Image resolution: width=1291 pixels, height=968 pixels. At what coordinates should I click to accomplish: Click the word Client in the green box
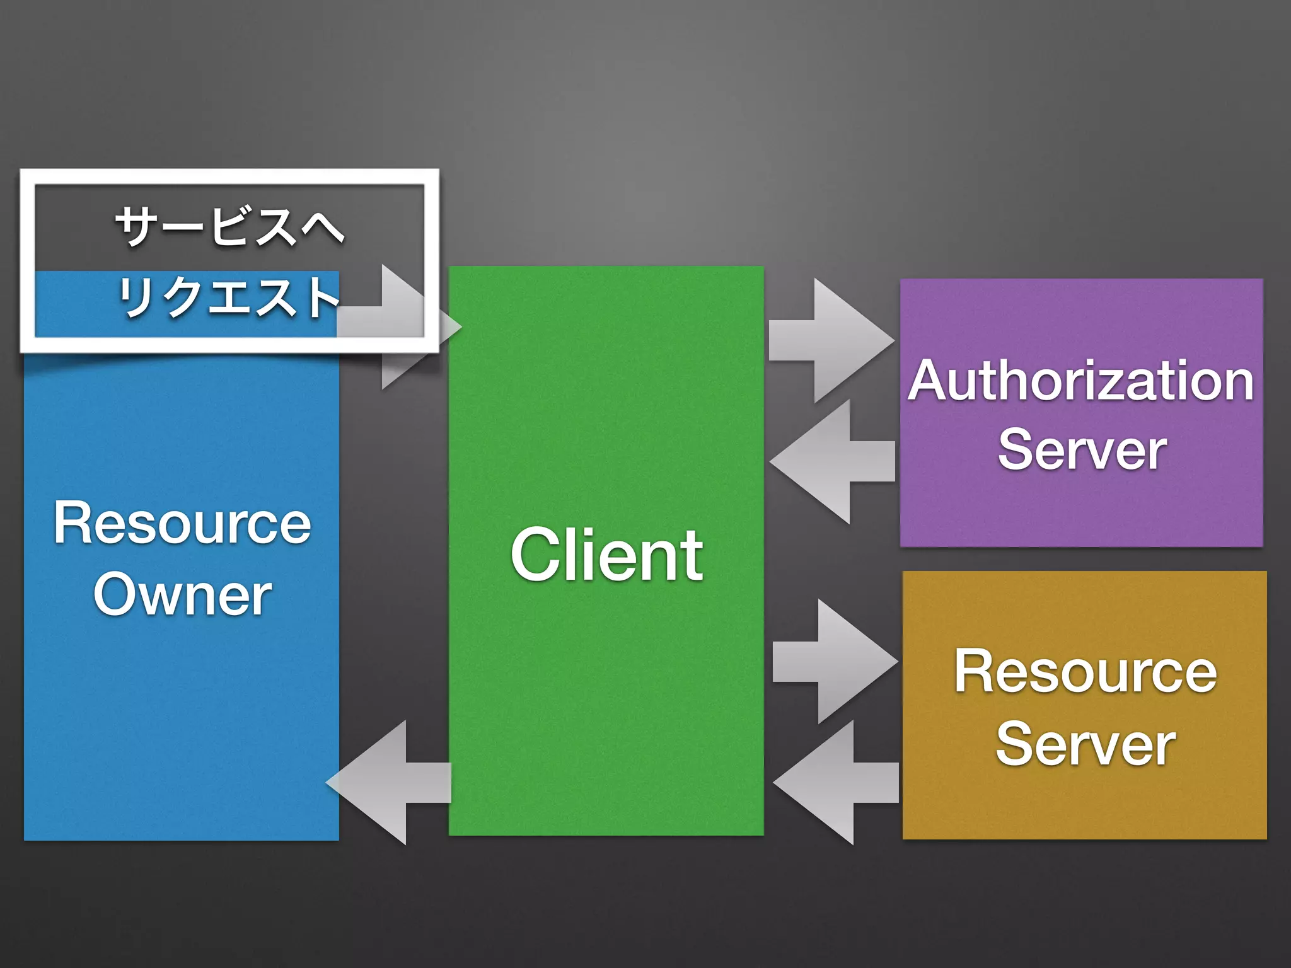point(606,555)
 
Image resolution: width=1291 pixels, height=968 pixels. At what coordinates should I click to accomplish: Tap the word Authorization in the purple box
point(1081,381)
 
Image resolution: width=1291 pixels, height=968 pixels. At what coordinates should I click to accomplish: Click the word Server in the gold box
point(1085,744)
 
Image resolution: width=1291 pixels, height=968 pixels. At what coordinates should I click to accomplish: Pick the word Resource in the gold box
point(1085,672)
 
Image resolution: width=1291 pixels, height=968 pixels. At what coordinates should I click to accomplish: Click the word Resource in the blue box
point(182,522)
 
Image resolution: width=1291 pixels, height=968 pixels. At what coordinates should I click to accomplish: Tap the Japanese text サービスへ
point(229,226)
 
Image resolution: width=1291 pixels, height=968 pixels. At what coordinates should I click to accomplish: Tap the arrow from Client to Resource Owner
point(388,782)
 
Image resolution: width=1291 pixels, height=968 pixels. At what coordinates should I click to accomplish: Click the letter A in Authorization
point(930,381)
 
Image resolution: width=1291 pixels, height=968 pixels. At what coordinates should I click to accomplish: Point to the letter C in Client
point(536,555)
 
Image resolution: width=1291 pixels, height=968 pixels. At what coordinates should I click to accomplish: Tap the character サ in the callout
point(136,226)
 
